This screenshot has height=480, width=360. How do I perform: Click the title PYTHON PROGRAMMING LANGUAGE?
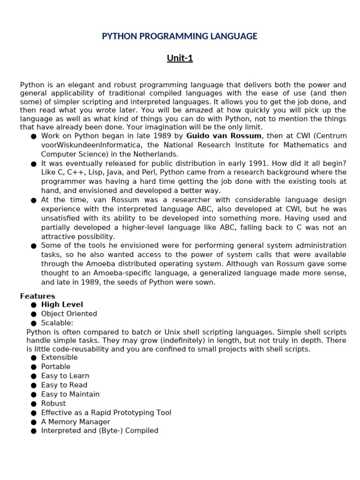tap(180, 36)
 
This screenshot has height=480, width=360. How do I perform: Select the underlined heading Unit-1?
tap(180, 59)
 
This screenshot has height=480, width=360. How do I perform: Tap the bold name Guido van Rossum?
tap(224, 136)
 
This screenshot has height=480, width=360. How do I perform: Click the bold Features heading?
tap(37, 296)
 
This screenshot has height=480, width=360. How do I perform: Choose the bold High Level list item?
tap(62, 305)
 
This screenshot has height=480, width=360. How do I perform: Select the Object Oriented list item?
tap(69, 314)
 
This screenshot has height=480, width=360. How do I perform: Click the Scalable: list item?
tap(57, 323)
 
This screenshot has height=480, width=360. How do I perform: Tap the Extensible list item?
tap(60, 358)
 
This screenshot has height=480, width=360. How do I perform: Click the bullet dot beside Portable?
tap(34, 367)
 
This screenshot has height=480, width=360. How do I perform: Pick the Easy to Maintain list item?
tap(70, 394)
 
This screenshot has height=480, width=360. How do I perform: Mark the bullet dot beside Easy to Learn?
tap(34, 376)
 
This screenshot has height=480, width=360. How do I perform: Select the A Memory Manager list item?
tap(75, 422)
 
